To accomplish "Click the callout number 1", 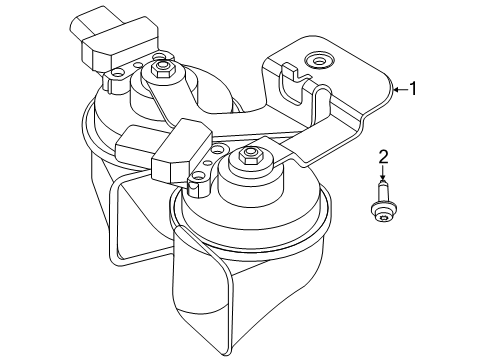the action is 413,89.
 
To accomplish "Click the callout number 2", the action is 383,157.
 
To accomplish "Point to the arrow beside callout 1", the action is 400,89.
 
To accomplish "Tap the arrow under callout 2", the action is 383,173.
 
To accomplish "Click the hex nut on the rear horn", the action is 161,69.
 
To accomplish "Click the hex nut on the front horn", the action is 248,155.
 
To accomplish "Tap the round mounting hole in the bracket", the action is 319,61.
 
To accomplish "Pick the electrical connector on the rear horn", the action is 114,37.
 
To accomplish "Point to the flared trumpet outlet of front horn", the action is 203,293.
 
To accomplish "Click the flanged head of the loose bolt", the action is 382,212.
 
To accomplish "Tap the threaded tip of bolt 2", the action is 383,184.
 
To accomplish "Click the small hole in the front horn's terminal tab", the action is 198,175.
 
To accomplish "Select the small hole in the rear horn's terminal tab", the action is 116,72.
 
